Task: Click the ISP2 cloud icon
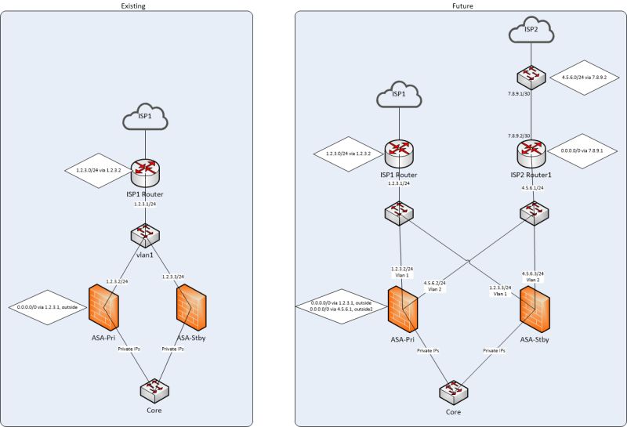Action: coord(531,32)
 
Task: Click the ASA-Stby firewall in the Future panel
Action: coord(537,308)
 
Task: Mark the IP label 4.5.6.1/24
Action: coord(533,188)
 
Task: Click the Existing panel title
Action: coord(132,5)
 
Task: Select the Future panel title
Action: coord(462,5)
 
